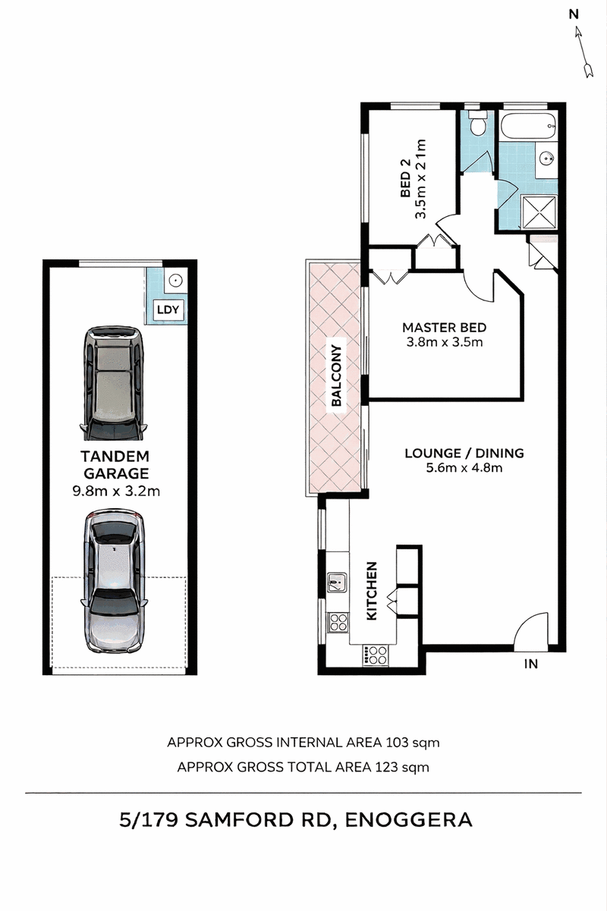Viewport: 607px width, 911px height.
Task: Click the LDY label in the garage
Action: click(168, 310)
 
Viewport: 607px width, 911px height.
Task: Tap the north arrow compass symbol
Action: click(583, 52)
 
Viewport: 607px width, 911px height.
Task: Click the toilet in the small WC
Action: click(476, 124)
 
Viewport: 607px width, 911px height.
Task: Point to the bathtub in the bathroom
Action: click(528, 127)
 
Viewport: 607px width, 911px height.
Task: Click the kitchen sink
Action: click(337, 583)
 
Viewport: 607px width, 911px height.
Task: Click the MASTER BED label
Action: click(445, 328)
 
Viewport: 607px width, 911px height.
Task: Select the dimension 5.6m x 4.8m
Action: click(464, 468)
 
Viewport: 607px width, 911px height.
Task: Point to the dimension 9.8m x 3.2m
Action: click(116, 492)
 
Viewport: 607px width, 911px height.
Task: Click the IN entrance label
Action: click(531, 664)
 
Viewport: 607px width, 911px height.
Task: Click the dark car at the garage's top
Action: click(115, 383)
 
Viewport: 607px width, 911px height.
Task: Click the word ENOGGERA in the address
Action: click(409, 820)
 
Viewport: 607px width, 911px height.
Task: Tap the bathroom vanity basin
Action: click(546, 159)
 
